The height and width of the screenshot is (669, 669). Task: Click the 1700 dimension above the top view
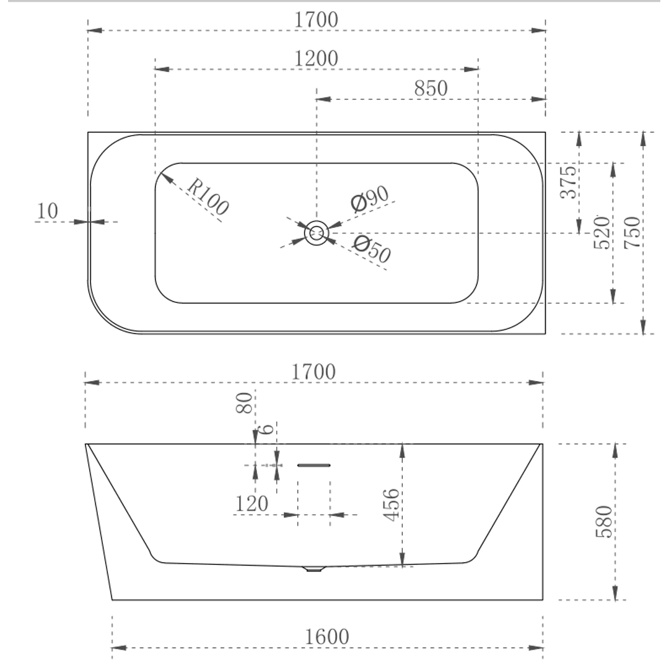click(x=317, y=20)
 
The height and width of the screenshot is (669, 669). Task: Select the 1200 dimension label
click(x=316, y=59)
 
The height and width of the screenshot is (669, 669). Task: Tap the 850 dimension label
click(x=431, y=89)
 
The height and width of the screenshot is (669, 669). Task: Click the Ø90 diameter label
click(x=369, y=198)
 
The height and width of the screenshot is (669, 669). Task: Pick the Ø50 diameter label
click(x=372, y=249)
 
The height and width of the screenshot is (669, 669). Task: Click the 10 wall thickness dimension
click(x=48, y=211)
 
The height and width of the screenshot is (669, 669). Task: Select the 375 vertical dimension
click(x=569, y=182)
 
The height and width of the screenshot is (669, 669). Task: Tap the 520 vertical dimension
click(x=601, y=232)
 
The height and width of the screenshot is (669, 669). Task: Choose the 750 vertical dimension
click(x=632, y=232)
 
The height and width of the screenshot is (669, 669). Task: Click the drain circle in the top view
click(x=317, y=233)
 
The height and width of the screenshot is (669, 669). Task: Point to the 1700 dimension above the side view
click(x=314, y=372)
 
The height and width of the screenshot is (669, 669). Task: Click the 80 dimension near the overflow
click(x=245, y=403)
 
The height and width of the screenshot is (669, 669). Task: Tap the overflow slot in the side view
click(x=314, y=465)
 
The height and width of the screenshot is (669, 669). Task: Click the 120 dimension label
click(x=251, y=504)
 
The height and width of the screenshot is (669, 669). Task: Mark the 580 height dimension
click(x=604, y=521)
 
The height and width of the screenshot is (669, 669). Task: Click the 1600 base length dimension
click(x=327, y=636)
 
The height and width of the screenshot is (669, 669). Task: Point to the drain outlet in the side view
click(x=314, y=568)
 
